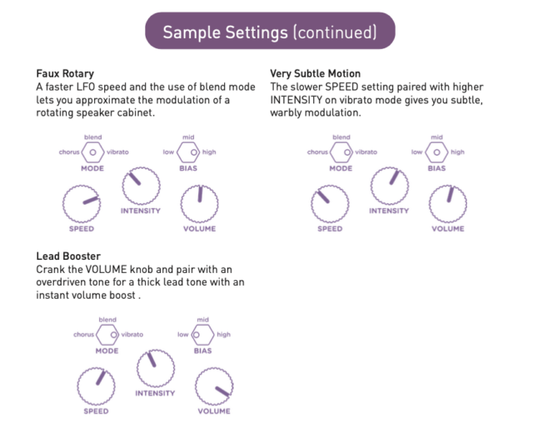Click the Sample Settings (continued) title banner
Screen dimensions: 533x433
coord(270,31)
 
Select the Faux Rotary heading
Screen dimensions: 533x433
coord(65,73)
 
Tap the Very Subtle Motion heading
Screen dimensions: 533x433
coord(315,73)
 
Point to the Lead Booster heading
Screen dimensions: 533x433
coord(68,256)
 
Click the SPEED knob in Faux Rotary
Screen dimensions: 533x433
coord(82,204)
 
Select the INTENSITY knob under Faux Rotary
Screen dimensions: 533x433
coord(141,186)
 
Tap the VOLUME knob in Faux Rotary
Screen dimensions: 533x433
coord(200,204)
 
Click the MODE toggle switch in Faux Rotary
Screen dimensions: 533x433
coord(92,152)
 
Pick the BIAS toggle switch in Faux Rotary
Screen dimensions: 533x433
coord(188,152)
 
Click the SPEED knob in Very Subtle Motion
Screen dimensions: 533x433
coord(330,204)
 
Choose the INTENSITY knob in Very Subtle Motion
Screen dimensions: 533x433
coord(390,186)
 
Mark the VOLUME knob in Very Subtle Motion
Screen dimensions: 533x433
coord(448,204)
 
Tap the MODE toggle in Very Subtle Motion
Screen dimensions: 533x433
coord(341,152)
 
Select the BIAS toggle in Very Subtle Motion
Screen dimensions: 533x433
coord(436,152)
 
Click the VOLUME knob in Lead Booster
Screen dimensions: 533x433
coord(214,386)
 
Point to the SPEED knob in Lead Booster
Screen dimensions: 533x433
coord(97,386)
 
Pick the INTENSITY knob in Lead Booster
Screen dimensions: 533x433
coord(156,368)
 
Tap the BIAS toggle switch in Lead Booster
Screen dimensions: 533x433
coord(203,335)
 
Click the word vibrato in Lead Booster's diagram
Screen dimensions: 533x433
coord(132,335)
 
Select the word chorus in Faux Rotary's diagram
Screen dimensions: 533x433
coord(69,152)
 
